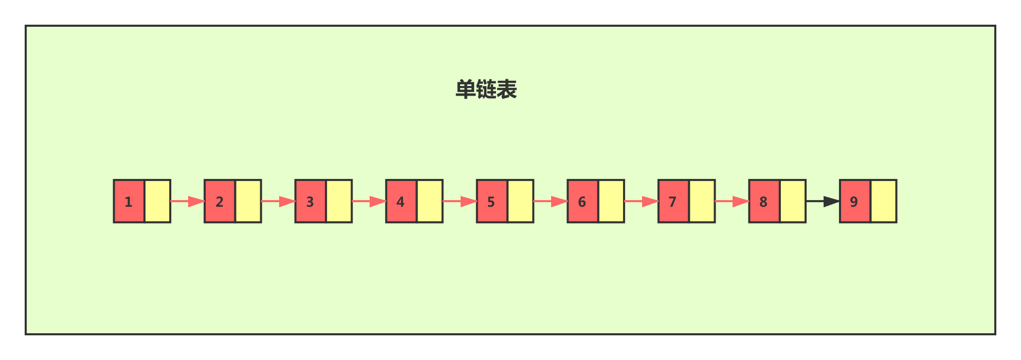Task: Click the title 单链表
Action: [x=486, y=89]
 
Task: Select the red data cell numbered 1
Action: [x=129, y=201]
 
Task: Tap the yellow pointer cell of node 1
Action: [x=157, y=201]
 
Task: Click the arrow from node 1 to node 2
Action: [x=187, y=201]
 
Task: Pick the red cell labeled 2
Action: [x=220, y=201]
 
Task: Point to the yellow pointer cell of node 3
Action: [x=339, y=201]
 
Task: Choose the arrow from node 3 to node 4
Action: [x=369, y=201]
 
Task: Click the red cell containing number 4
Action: [x=401, y=201]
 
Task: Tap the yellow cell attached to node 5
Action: [x=520, y=201]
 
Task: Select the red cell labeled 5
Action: [x=492, y=201]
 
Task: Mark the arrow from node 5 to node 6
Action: [x=550, y=201]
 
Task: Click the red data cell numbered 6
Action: [x=582, y=201]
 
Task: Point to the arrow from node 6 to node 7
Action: [x=641, y=201]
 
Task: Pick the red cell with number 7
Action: [x=673, y=201]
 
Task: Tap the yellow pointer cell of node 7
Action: [x=702, y=201]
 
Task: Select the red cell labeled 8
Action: [x=764, y=201]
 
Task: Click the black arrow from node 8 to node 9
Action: [x=823, y=201]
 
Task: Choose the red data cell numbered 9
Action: [x=855, y=201]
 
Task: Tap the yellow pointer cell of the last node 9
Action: [x=883, y=201]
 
